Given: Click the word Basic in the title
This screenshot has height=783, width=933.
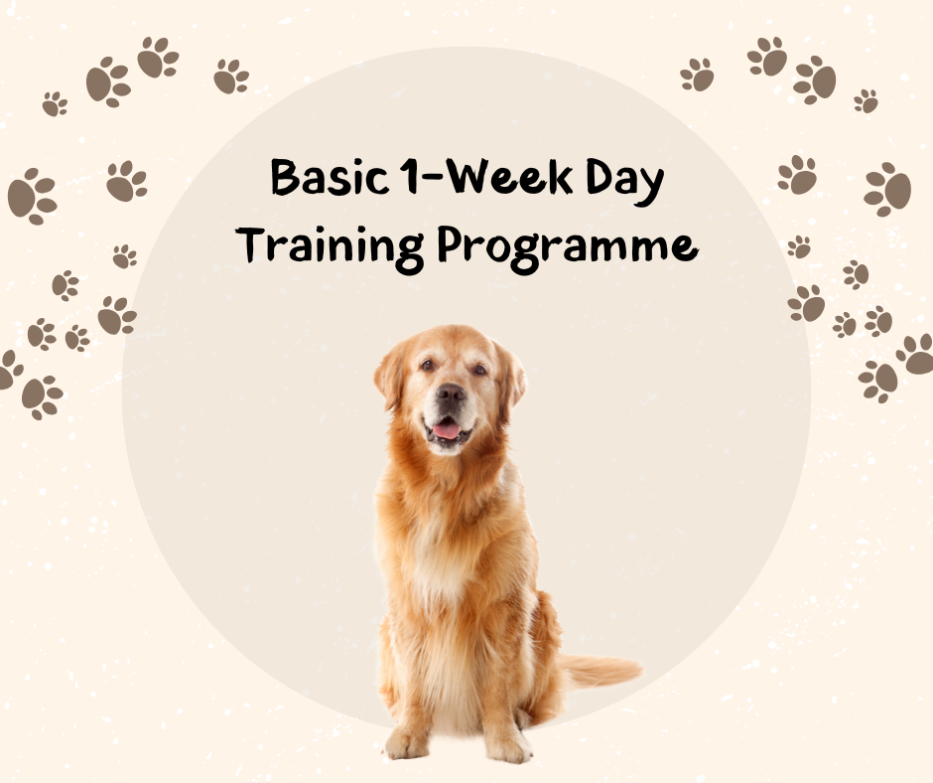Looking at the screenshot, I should coord(319,180).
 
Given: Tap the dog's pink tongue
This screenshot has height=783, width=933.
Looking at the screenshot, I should coord(448,430).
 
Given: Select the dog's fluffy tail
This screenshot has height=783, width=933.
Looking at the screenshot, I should coord(600,670).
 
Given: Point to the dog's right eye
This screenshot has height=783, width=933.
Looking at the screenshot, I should coord(479,368).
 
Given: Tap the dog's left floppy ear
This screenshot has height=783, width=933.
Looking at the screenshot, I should coord(390,376).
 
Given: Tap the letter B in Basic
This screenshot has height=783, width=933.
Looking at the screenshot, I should coord(286,179).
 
